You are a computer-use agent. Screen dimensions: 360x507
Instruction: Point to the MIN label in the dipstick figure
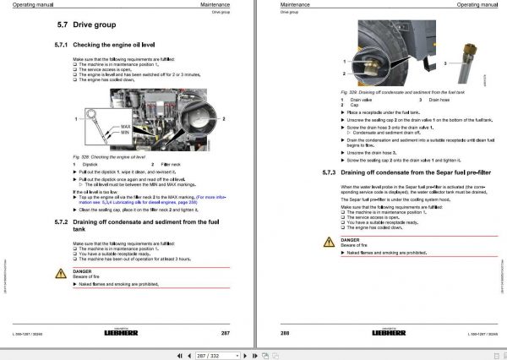[125, 135]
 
